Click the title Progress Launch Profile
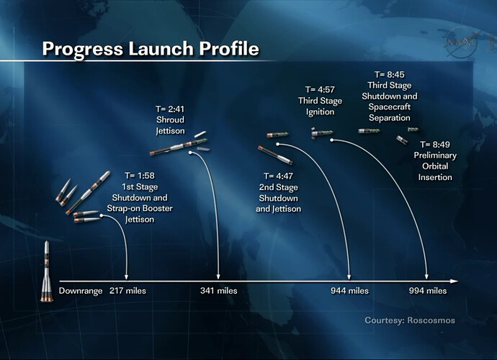pyautogui.click(x=151, y=49)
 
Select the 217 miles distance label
pyautogui.click(x=127, y=291)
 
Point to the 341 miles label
pyautogui.click(x=219, y=291)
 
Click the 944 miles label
pyautogui.click(x=349, y=291)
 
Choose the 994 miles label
pyautogui.click(x=428, y=291)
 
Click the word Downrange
pyautogui.click(x=81, y=291)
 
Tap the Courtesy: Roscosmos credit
pyautogui.click(x=410, y=320)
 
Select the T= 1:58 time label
pyautogui.click(x=140, y=176)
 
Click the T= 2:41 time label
pyautogui.click(x=170, y=109)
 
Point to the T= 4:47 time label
pyautogui.click(x=278, y=176)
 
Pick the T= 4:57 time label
pyautogui.click(x=320, y=90)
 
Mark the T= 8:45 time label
pyautogui.click(x=390, y=74)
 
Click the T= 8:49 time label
pyautogui.click(x=435, y=145)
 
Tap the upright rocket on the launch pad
pyautogui.click(x=47, y=271)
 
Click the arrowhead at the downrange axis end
pyautogui.click(x=455, y=281)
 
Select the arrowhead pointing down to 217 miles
pyautogui.click(x=127, y=276)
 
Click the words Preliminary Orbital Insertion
pyautogui.click(x=435, y=166)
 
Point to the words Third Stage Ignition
pyautogui.click(x=320, y=106)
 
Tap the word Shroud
pyautogui.click(x=170, y=120)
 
